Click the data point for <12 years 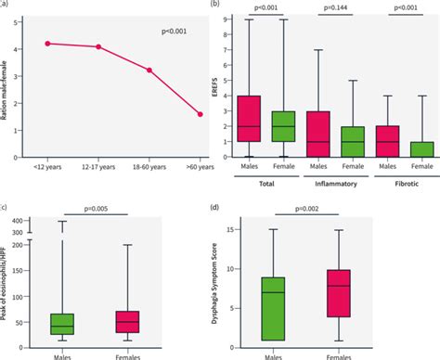tap(47, 44)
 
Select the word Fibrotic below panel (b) tap(399, 184)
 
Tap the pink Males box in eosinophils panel tap(62, 324)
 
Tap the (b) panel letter tap(217, 5)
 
